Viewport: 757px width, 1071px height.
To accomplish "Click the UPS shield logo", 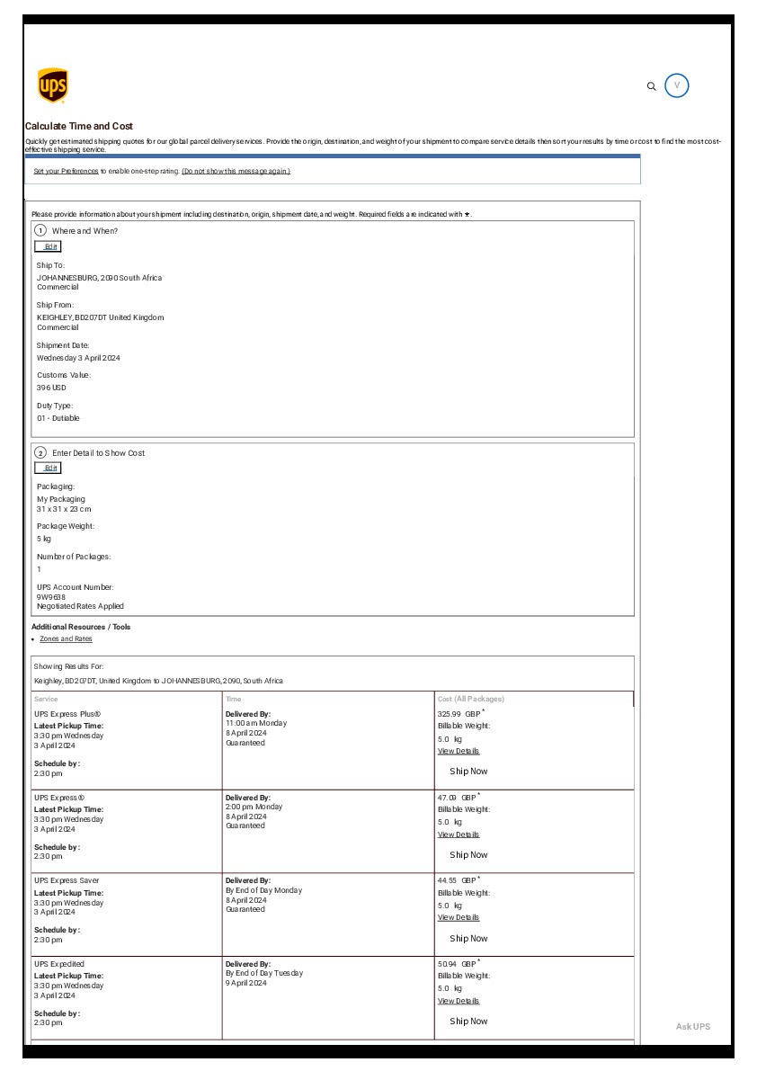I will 52,85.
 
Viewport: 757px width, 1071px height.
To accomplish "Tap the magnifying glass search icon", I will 652,86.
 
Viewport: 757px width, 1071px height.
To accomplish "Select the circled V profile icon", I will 677,85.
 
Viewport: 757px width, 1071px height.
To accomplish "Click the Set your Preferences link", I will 66,171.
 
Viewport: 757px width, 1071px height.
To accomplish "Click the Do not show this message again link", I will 236,171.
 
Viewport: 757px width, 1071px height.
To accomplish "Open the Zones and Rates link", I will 66,638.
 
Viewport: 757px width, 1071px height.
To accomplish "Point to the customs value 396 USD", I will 51,388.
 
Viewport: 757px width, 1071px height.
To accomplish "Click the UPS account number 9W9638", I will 51,596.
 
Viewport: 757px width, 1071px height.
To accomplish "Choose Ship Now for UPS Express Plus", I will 468,772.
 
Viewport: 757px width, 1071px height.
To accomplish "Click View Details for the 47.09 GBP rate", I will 459,834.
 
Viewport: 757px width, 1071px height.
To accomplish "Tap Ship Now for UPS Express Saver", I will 468,938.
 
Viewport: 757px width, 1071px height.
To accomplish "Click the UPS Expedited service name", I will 59,963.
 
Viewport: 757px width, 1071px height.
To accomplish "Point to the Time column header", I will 233,699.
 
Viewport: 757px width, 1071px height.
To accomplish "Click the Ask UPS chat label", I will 692,1027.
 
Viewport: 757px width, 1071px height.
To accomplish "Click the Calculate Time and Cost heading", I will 79,126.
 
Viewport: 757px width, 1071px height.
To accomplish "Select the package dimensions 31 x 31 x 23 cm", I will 64,509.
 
